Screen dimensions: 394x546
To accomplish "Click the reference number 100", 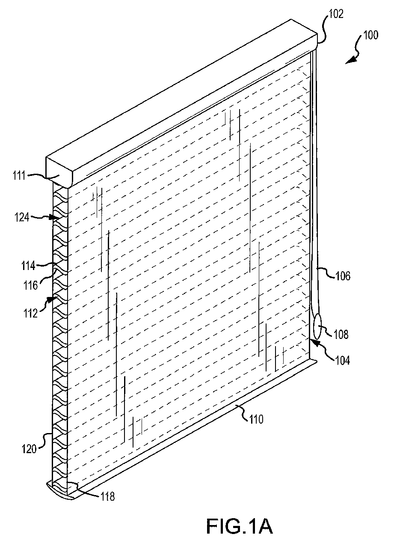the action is [x=370, y=35].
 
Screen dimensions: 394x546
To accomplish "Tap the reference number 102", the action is [x=336, y=14].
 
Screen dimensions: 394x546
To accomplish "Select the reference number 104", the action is [x=343, y=360].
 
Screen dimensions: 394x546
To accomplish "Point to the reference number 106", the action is [x=343, y=276].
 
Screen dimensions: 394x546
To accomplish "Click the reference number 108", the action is [x=341, y=335].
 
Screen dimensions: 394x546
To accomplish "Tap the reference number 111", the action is [x=19, y=175].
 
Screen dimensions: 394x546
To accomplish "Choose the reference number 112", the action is [x=31, y=313].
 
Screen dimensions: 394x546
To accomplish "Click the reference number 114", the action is [x=29, y=266].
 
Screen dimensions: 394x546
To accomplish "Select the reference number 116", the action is [x=31, y=285].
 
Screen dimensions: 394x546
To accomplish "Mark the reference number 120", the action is [x=29, y=449].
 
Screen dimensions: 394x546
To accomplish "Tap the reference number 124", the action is [x=22, y=217].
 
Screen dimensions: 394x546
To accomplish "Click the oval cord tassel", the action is [x=317, y=326].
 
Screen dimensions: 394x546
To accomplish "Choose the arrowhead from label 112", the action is [x=52, y=299].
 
